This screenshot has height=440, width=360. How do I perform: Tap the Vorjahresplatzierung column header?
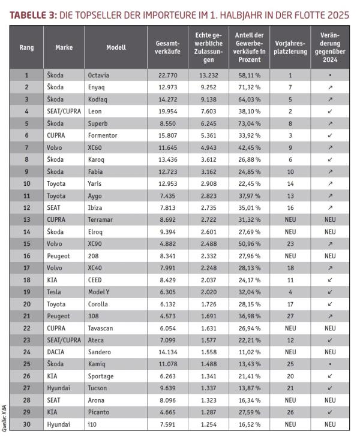(x=290, y=47)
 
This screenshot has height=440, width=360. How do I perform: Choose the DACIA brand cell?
(x=57, y=352)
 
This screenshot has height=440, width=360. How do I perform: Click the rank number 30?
(x=26, y=424)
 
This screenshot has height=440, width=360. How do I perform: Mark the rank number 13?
(x=26, y=219)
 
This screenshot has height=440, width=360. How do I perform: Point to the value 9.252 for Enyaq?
(x=208, y=88)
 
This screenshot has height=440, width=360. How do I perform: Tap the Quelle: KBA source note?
(x=5, y=414)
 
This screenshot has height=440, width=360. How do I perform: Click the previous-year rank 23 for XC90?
(x=290, y=244)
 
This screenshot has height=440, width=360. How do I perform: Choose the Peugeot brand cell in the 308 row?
(x=58, y=316)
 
